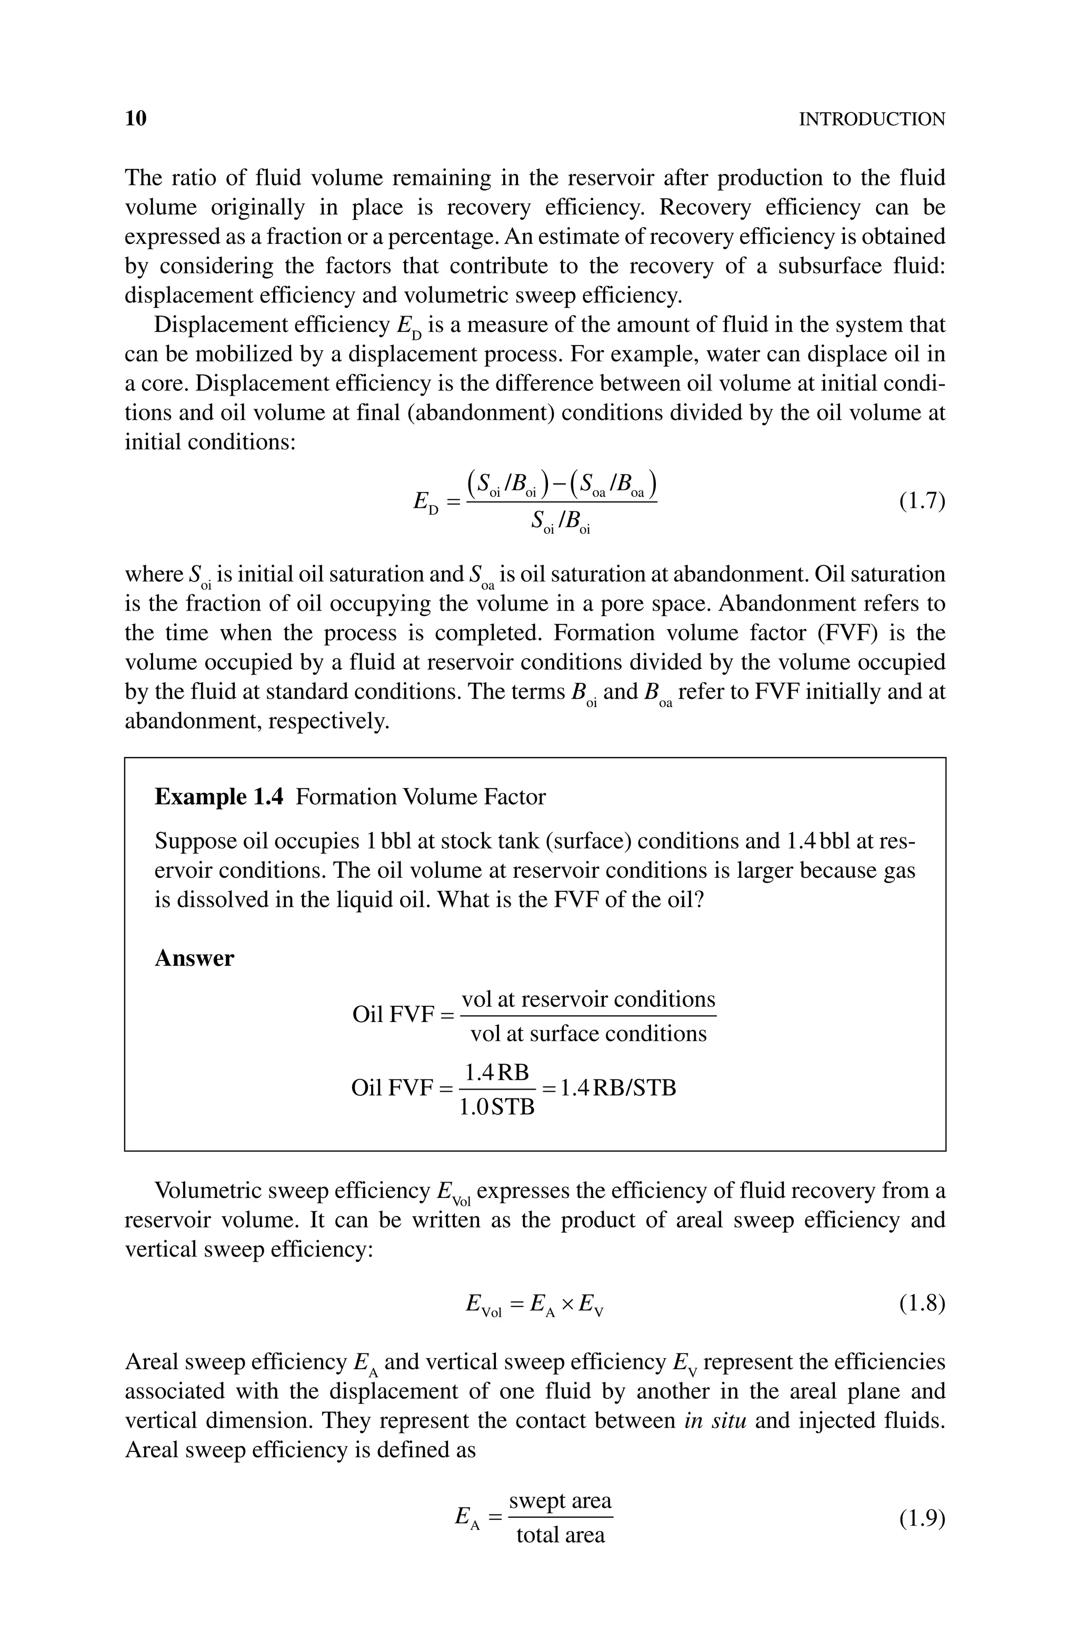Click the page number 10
[x=136, y=119]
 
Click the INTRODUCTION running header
[x=871, y=120]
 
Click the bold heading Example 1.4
[x=218, y=797]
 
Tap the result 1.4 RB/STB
[x=617, y=1087]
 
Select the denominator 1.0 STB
[x=496, y=1107]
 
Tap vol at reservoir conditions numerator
[x=588, y=999]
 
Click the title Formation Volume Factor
[x=420, y=797]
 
